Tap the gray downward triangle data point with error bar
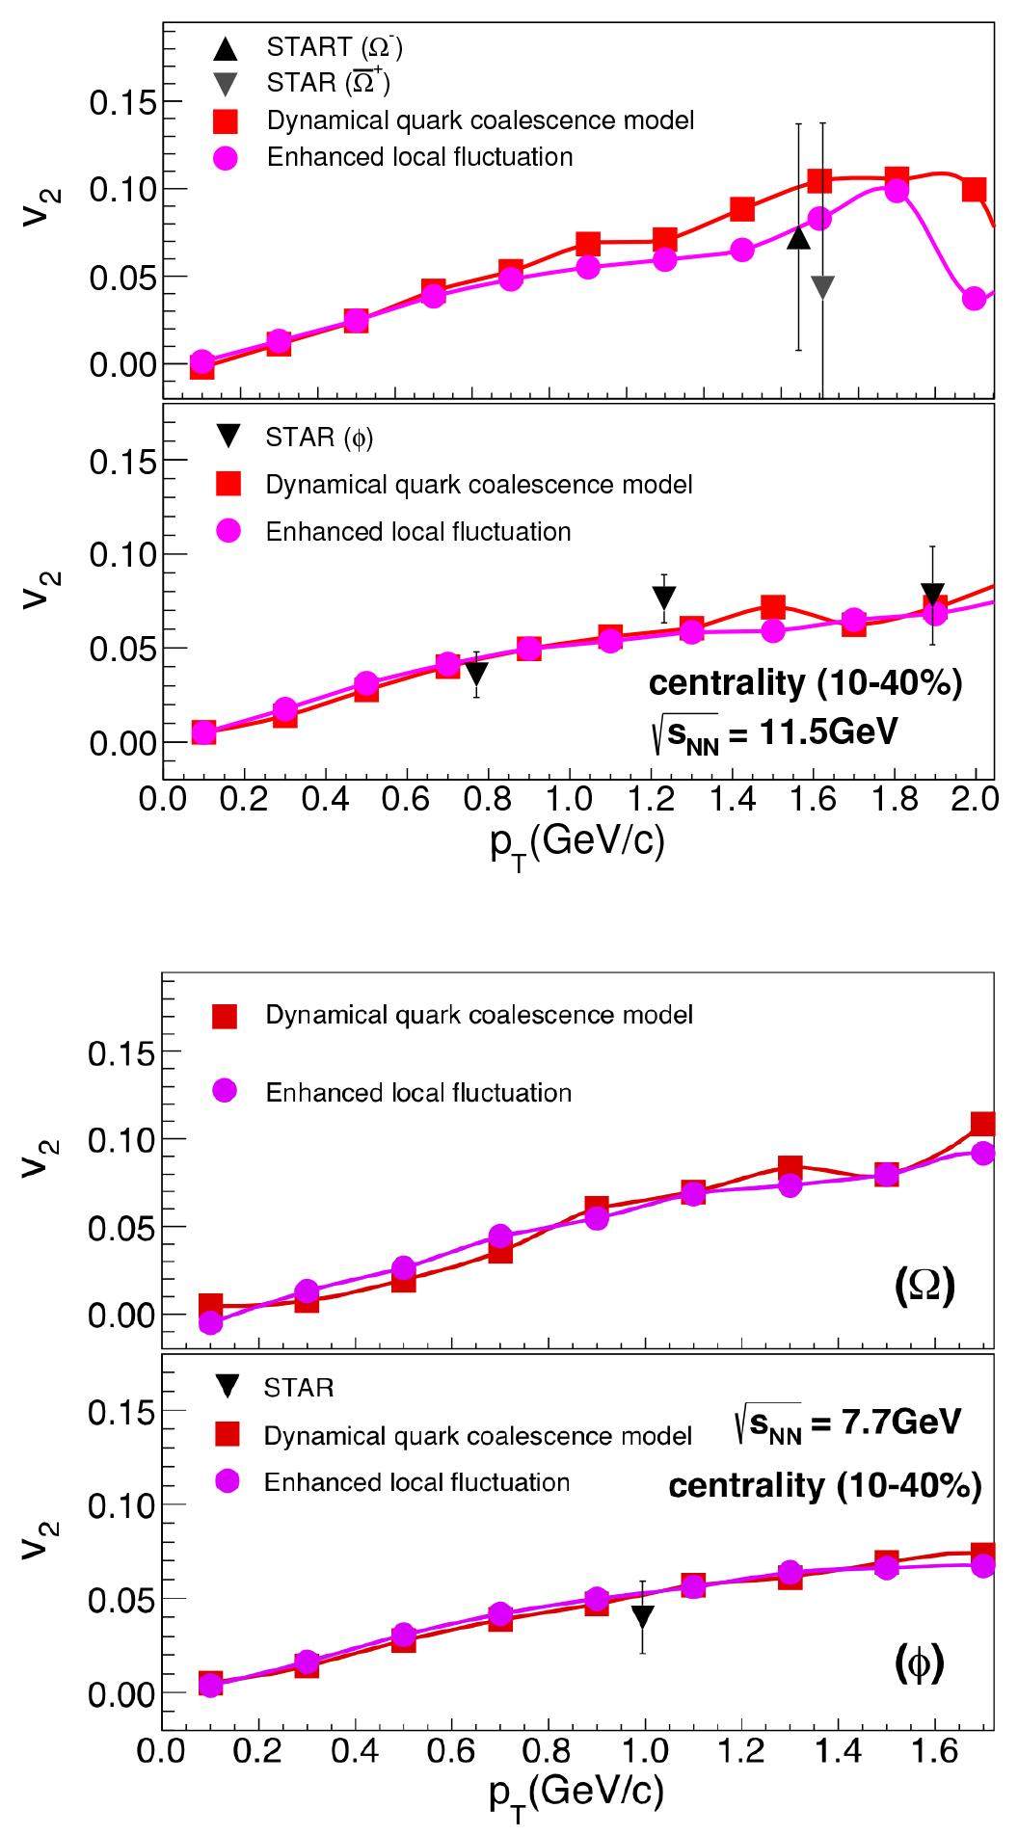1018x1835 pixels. pyautogui.click(x=822, y=286)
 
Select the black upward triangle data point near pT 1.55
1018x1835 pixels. pyautogui.click(x=798, y=237)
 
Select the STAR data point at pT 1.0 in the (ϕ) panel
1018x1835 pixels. pyautogui.click(x=643, y=1616)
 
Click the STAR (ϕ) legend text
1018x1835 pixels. pyautogui.click(x=319, y=438)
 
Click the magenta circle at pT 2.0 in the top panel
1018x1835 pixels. pyautogui.click(x=975, y=299)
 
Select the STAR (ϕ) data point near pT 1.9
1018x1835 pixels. pyautogui.click(x=932, y=595)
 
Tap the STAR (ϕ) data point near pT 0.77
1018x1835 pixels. pyautogui.click(x=476, y=673)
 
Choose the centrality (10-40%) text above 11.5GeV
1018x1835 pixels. pyautogui.click(x=805, y=683)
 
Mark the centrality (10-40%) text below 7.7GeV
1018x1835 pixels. pyautogui.click(x=825, y=1485)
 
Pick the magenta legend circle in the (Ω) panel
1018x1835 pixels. pyautogui.click(x=225, y=1091)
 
